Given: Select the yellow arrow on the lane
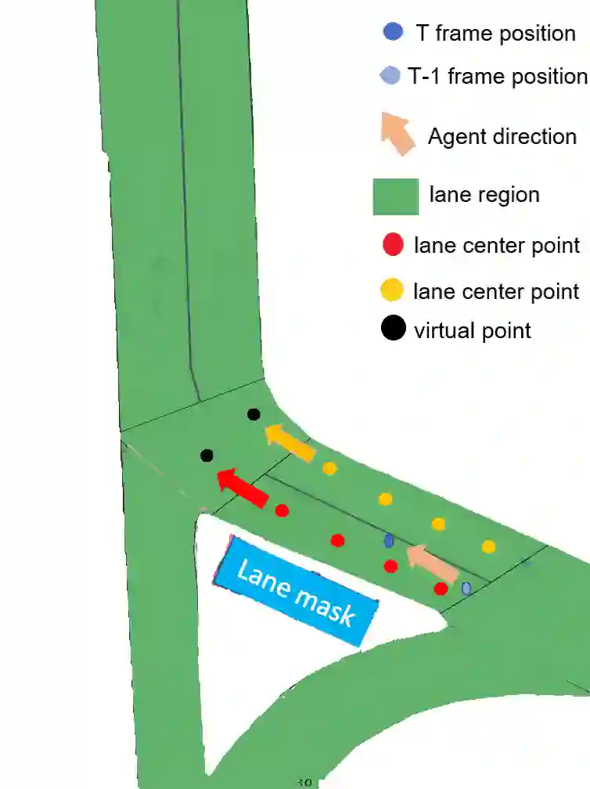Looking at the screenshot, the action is point(290,442).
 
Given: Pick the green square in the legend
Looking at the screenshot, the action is point(395,196).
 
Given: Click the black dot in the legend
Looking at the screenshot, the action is point(393,329).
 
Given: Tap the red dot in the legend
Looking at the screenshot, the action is point(392,245).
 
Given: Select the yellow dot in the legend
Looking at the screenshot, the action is point(392,291).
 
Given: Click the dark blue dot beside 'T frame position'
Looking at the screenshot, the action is point(393,32).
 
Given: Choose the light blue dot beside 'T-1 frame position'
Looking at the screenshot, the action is point(389,76).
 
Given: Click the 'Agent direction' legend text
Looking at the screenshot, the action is point(502,136).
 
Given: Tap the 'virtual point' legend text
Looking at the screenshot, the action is point(473,330).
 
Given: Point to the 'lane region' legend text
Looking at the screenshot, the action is point(484,194).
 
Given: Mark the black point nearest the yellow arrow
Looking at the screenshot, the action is point(254,414).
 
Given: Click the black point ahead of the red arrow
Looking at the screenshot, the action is point(207,455).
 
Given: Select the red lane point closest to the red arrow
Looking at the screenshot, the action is point(282,510).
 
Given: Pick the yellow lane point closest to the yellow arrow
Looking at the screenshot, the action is point(329,469).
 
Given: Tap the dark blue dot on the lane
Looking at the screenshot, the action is point(389,540).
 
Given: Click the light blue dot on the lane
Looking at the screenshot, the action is point(466,588).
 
